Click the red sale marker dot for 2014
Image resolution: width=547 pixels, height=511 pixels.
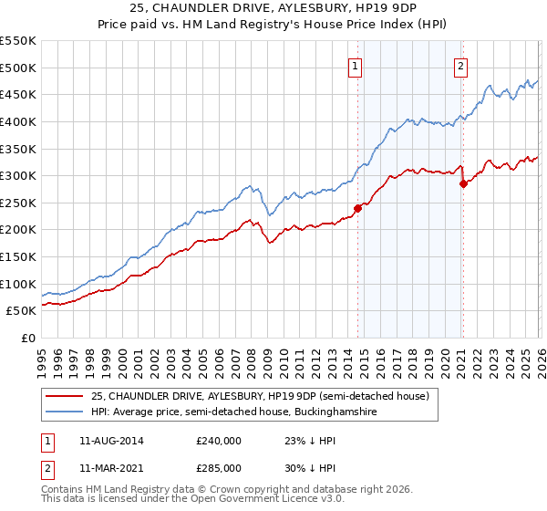click(357, 208)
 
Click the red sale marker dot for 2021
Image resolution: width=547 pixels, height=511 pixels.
click(463, 183)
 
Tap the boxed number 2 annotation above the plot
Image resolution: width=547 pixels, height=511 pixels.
click(461, 66)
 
